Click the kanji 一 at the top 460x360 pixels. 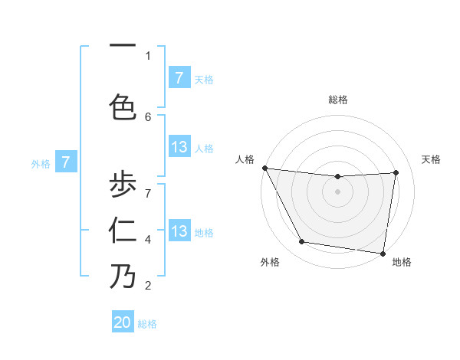click(x=123, y=44)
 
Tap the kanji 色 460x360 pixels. click(x=123, y=106)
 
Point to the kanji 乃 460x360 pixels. click(x=123, y=277)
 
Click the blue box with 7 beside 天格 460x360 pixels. click(x=179, y=78)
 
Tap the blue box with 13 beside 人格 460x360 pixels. click(x=179, y=147)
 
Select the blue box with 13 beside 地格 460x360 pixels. click(x=179, y=231)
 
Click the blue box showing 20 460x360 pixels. click(x=123, y=322)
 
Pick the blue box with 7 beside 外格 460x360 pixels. click(x=66, y=162)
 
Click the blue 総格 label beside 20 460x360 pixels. click(x=147, y=324)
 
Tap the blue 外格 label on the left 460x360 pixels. click(x=41, y=163)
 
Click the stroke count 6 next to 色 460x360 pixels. click(x=148, y=116)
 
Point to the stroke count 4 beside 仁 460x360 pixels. click(x=148, y=240)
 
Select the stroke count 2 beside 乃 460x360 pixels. click(x=148, y=286)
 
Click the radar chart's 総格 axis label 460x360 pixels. click(x=337, y=100)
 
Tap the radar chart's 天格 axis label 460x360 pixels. click(x=432, y=159)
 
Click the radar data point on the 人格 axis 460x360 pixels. click(x=264, y=168)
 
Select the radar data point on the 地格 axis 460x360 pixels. click(x=383, y=253)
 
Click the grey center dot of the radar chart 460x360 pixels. click(x=337, y=191)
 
